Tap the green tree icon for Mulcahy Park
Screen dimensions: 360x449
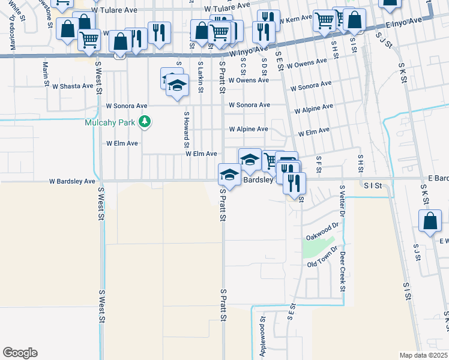click(x=144, y=123)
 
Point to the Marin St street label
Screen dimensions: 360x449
click(x=45, y=74)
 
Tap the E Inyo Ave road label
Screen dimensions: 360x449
click(x=405, y=23)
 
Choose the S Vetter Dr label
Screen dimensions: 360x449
click(x=342, y=200)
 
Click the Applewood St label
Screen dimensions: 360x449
click(x=262, y=341)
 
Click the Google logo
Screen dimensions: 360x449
click(x=20, y=353)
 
